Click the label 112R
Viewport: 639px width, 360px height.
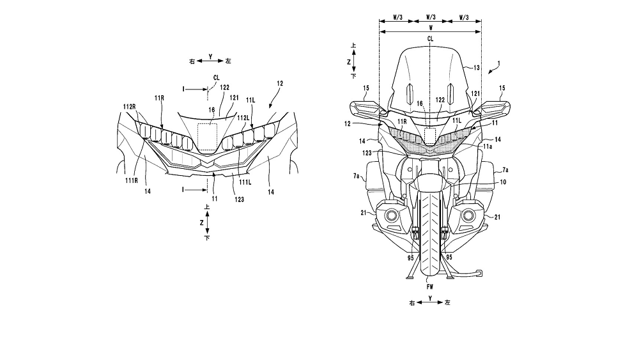(x=129, y=107)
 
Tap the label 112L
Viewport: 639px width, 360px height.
(x=243, y=117)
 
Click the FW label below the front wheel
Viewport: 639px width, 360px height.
(x=429, y=287)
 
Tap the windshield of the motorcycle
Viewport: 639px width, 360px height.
(x=430, y=80)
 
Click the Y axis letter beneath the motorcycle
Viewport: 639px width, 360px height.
(x=431, y=298)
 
